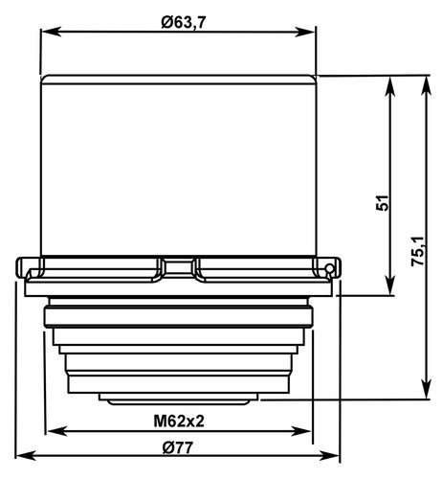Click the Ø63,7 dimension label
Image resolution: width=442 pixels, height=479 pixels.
click(x=184, y=22)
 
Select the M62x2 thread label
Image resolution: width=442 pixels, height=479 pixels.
click(x=179, y=422)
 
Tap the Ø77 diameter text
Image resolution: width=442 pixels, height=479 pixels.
click(x=178, y=447)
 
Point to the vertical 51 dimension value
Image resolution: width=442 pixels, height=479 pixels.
click(x=383, y=202)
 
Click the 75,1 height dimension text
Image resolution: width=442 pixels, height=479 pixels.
click(x=417, y=251)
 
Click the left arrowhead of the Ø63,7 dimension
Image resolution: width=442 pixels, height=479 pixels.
click(x=51, y=32)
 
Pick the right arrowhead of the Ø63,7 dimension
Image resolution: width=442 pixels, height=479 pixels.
click(x=305, y=32)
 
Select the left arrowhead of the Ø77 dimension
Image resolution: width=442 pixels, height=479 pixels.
click(x=26, y=455)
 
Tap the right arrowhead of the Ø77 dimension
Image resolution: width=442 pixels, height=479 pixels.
click(x=329, y=455)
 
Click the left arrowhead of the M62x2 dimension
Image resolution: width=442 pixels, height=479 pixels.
click(x=56, y=431)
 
